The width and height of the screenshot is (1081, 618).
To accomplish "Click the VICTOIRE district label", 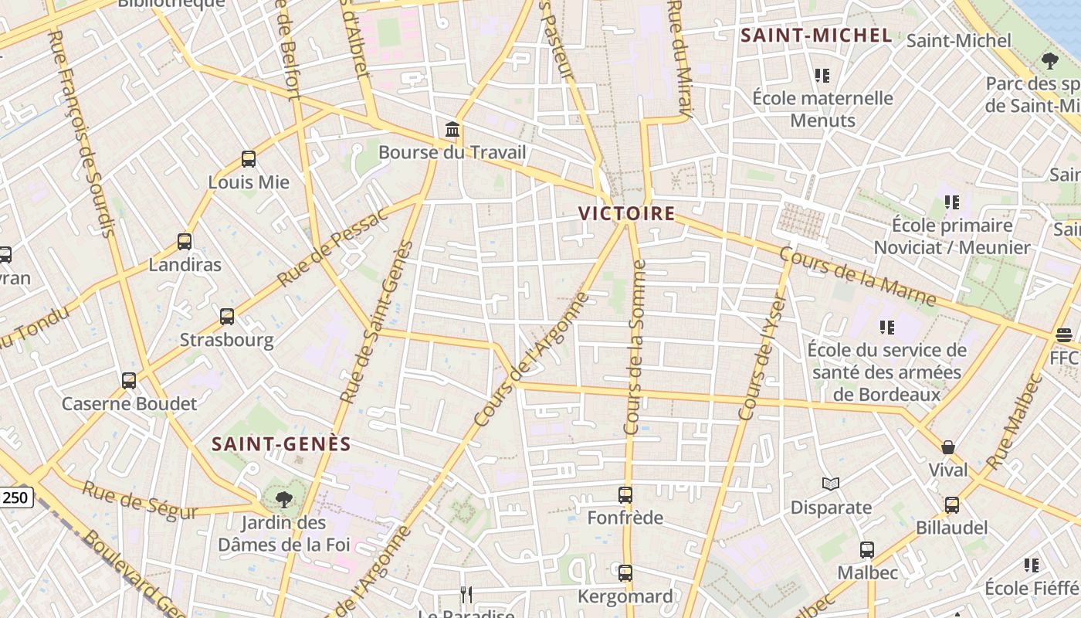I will point(627,214).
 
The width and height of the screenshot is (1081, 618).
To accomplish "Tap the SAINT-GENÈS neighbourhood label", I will point(282,444).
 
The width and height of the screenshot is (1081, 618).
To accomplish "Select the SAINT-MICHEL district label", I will point(816,36).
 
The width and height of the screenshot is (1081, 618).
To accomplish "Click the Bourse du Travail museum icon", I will point(452,130).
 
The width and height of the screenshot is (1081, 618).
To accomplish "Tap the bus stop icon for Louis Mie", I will point(248,159).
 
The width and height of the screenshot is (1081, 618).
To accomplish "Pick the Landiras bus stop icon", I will point(184,242).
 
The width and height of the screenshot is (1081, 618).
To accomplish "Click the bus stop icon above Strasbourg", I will point(226,317).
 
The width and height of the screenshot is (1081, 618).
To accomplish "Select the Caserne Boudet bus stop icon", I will point(129,381).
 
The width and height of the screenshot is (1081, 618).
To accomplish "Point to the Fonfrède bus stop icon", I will point(625,495).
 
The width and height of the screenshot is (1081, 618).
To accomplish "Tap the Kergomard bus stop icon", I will point(625,573).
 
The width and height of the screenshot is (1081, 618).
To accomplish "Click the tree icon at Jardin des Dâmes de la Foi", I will point(284,499).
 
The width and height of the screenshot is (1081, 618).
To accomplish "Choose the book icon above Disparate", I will point(831,484).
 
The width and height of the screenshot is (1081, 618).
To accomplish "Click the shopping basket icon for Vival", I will point(948,447).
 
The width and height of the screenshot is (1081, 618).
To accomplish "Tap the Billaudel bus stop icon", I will point(951,505).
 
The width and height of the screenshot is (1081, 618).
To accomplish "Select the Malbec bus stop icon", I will point(867,550).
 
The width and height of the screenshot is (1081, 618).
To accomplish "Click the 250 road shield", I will point(16,498).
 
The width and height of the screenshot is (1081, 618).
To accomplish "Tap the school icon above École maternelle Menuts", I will point(822,76).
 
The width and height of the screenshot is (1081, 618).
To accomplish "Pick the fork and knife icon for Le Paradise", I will point(466,594).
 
